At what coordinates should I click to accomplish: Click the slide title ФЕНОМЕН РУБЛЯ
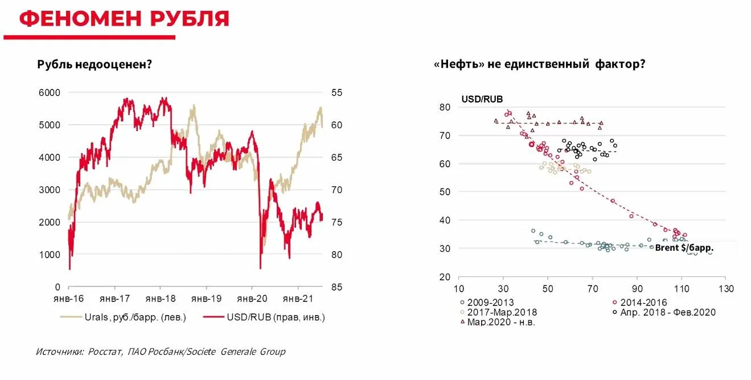click(124, 18)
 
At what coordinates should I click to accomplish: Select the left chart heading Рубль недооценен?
click(94, 64)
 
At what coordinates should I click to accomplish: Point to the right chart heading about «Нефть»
click(539, 64)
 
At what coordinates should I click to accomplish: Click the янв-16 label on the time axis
click(69, 298)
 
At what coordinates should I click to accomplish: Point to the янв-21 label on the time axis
click(298, 298)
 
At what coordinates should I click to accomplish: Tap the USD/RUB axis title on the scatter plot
click(482, 99)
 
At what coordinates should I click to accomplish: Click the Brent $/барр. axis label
click(684, 248)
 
